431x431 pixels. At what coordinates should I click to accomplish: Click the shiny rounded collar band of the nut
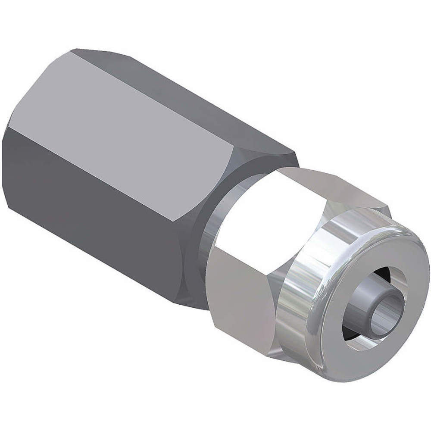pos(297,302)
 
